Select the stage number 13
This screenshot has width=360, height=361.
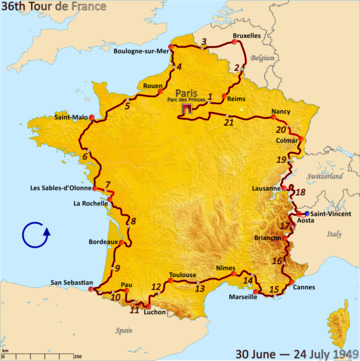point(200,289)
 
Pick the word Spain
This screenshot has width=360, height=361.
point(124,328)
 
